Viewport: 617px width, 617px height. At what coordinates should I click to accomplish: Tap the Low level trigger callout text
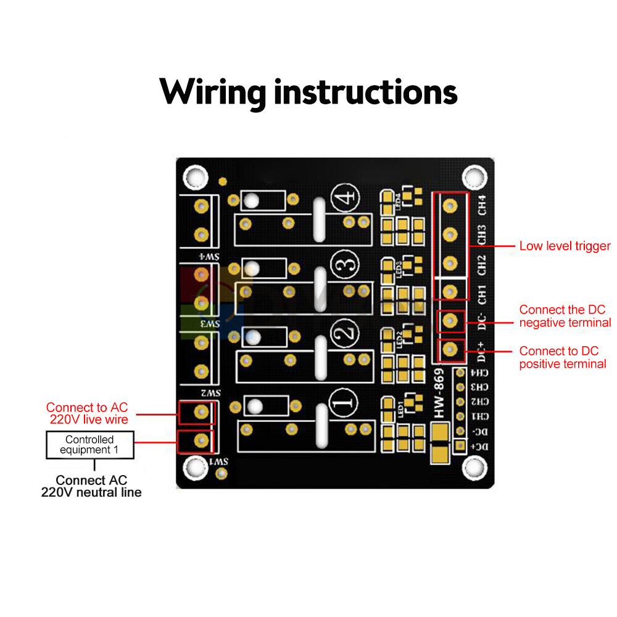point(565,246)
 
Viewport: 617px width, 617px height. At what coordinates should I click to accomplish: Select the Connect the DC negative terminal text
point(565,316)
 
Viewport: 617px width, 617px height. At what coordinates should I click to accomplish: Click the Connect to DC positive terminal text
point(562,357)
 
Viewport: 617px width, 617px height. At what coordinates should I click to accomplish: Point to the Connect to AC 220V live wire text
point(87,413)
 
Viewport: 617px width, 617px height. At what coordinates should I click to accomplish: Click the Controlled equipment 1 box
point(90,444)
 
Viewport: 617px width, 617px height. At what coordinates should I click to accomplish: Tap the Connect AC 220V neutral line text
point(91,486)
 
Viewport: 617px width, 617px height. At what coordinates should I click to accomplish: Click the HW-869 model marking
point(439,393)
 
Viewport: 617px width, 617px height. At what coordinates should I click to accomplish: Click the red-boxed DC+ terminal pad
point(450,350)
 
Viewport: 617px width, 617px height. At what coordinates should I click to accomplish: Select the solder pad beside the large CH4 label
point(450,204)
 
